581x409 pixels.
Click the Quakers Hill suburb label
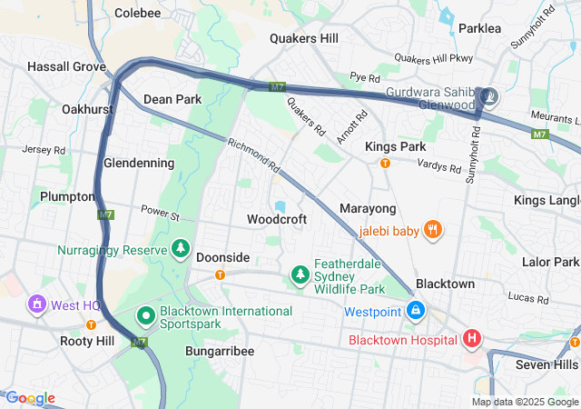(304, 38)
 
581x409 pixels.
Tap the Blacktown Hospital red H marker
(472, 340)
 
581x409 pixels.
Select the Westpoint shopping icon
(416, 311)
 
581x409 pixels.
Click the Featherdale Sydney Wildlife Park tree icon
(300, 274)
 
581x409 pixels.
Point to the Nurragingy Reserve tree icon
(181, 248)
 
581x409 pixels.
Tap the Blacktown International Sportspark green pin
(145, 316)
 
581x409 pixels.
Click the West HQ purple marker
(37, 304)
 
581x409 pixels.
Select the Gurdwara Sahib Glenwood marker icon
(489, 96)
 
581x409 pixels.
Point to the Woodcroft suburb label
(277, 219)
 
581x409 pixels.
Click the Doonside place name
(222, 257)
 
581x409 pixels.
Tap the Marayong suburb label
(368, 209)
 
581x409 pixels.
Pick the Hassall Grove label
(67, 66)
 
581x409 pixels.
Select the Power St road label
(161, 214)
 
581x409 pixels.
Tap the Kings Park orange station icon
(385, 164)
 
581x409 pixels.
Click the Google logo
(31, 398)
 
